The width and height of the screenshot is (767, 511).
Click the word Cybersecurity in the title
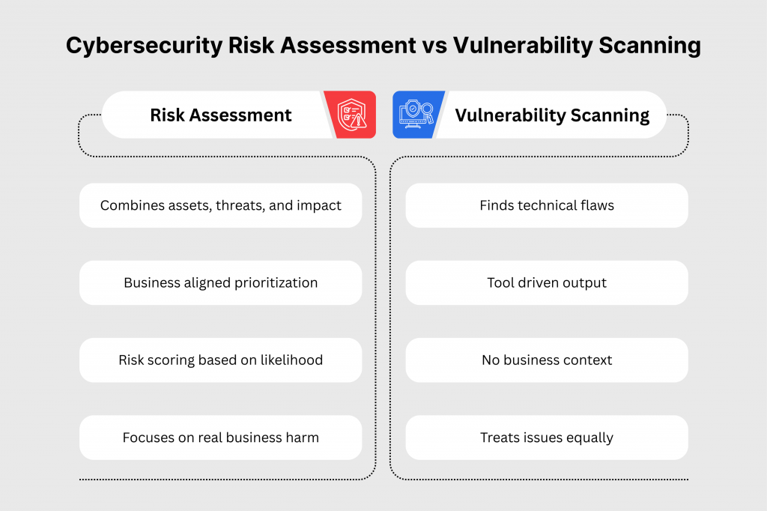point(145,46)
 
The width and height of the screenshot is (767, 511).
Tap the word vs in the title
point(434,46)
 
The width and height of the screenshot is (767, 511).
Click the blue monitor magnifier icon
point(416,115)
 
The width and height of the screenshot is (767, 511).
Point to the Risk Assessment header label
point(221,115)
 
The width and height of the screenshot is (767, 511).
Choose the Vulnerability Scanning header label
point(552,115)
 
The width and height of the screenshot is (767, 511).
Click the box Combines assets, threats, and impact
point(221,205)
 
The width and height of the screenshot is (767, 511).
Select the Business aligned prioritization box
point(221,283)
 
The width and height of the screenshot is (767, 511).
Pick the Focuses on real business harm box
point(221,438)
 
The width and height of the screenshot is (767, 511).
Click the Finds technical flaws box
point(547,205)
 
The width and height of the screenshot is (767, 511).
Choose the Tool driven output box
point(547,283)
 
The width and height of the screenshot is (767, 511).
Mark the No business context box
point(547,360)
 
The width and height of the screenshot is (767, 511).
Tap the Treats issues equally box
point(547,438)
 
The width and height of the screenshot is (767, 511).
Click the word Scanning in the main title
point(649,46)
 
